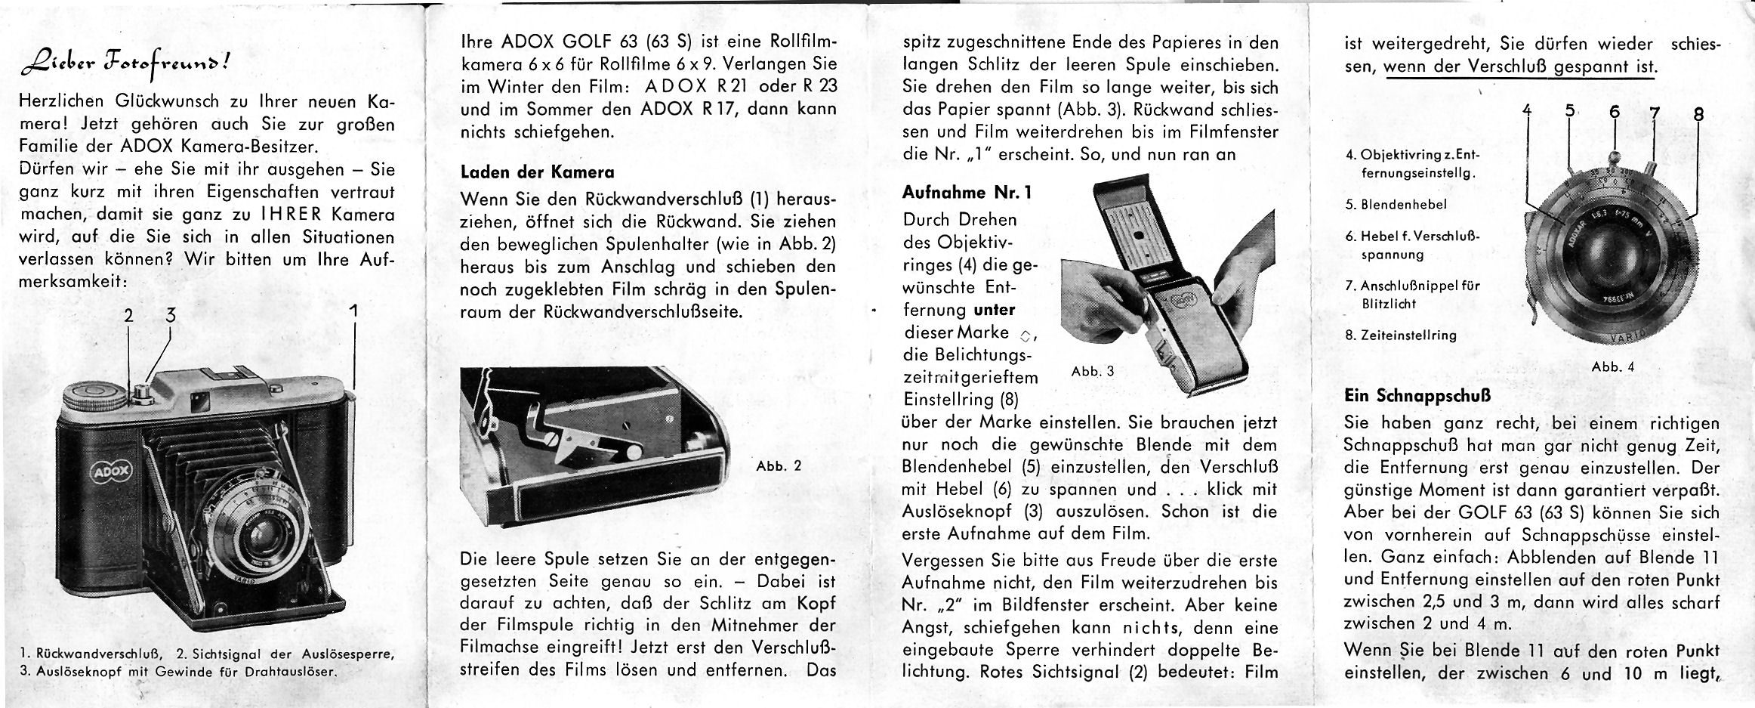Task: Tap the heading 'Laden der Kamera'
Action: click(537, 172)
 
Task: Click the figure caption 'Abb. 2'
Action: click(778, 466)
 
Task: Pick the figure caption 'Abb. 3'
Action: click(1093, 371)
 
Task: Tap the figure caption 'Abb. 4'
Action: click(1613, 367)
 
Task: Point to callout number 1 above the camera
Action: click(353, 311)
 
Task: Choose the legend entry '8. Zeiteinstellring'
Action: click(1401, 335)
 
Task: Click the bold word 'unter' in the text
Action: click(995, 310)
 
